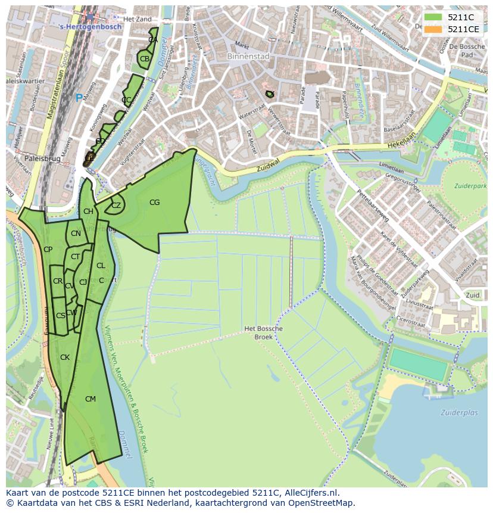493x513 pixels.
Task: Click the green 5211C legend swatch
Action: [x=433, y=17]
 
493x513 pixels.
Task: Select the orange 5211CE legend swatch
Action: [x=433, y=29]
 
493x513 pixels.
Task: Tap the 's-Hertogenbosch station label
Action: [x=91, y=27]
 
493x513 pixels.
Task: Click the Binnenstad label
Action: [x=248, y=57]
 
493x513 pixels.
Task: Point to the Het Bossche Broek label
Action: [x=263, y=332]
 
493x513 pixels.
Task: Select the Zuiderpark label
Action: [x=470, y=186]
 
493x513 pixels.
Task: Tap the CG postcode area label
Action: [x=154, y=203]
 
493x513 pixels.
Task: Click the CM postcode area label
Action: [x=91, y=399]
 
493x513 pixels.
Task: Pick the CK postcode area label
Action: [x=65, y=357]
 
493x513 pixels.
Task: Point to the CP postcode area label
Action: [x=48, y=250]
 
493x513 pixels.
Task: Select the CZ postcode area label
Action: [x=116, y=206]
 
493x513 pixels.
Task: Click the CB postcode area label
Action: [x=145, y=59]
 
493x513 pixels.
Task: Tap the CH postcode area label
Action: [x=88, y=212]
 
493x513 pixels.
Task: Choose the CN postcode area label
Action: [x=76, y=234]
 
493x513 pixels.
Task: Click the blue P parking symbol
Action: [x=79, y=98]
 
